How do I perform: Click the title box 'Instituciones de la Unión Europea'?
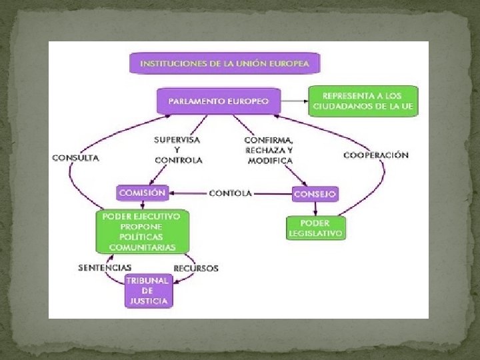pos(224,63)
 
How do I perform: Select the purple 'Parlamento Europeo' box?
pos(219,101)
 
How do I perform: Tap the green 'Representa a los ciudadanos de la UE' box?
pos(363,101)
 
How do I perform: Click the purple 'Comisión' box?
pos(141,193)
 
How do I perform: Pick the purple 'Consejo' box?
pos(315,194)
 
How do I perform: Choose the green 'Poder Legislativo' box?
pos(315,228)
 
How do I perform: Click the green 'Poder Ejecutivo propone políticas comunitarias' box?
pos(142,231)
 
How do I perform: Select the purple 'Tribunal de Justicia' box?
pos(149,291)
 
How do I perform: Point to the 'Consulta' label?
pos(76,158)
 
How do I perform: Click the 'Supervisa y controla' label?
pos(177,150)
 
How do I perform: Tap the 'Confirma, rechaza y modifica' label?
pos(269,150)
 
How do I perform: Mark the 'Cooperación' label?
pos(376,155)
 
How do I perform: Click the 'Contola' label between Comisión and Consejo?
pos(230,193)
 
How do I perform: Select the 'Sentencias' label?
pos(105,268)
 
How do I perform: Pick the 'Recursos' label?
pos(195,268)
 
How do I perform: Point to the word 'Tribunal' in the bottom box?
pos(149,281)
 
